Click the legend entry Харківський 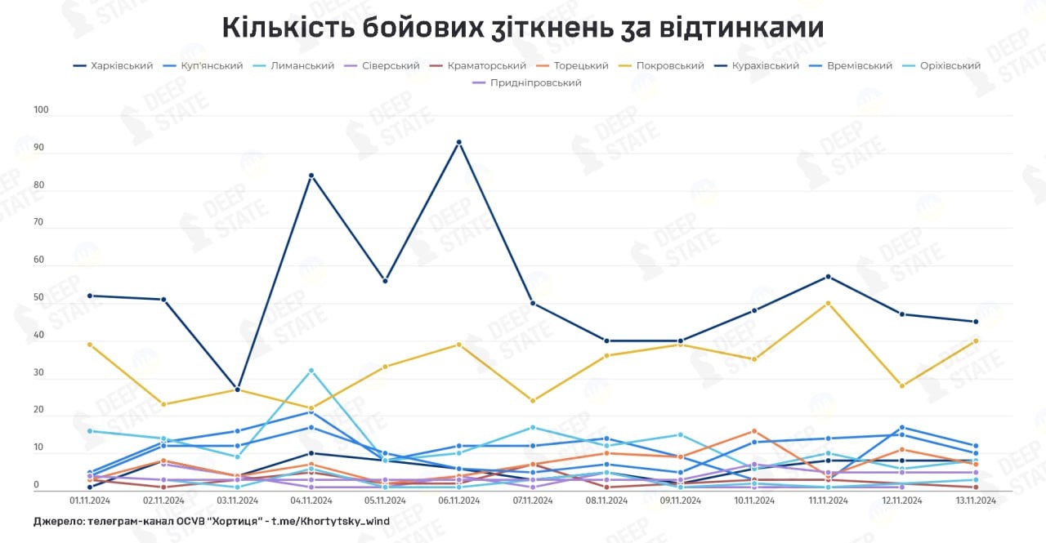click(122, 65)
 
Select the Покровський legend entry click(670, 65)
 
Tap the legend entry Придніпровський click(535, 82)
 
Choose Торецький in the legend click(581, 65)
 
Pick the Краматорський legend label click(487, 65)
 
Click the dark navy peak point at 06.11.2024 click(459, 142)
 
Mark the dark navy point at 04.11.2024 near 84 click(311, 176)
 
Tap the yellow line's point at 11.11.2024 click(828, 303)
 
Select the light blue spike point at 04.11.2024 click(311, 371)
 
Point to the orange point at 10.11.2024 click(754, 431)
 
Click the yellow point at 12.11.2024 click(901, 385)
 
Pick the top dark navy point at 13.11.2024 click(975, 322)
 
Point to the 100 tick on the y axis click(42, 109)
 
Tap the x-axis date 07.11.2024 click(532, 501)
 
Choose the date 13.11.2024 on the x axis click(975, 501)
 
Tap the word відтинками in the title click(746, 28)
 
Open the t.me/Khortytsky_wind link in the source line click(331, 521)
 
